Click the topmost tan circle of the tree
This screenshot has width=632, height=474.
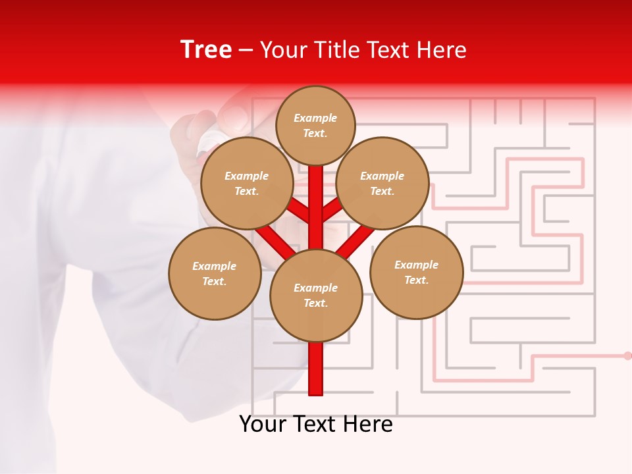315,125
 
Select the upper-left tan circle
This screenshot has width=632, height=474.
247,184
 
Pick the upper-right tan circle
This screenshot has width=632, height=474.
382,184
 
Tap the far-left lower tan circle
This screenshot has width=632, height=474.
215,274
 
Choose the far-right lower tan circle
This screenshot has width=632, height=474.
417,273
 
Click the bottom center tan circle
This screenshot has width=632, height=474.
316,296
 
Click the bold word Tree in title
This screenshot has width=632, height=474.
206,49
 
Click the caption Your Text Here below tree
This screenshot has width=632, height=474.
316,424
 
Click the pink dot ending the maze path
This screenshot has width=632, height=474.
627,355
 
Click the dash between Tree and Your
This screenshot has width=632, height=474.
246,51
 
